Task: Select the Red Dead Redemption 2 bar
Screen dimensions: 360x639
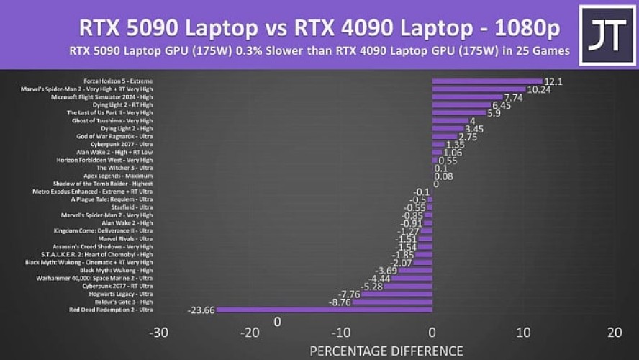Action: (324, 310)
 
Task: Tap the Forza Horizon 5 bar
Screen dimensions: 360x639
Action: (487, 81)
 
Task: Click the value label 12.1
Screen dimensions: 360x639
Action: (553, 81)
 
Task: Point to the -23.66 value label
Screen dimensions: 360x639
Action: (201, 310)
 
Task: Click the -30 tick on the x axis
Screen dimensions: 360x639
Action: (158, 333)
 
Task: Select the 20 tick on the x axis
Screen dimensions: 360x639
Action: (614, 333)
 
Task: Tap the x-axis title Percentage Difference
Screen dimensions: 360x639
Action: (386, 351)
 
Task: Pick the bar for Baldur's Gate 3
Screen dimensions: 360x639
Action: (392, 302)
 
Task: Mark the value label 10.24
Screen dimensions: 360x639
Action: (539, 89)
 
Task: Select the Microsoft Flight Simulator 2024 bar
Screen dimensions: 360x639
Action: (467, 97)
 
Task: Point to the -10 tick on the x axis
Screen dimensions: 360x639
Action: (340, 333)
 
